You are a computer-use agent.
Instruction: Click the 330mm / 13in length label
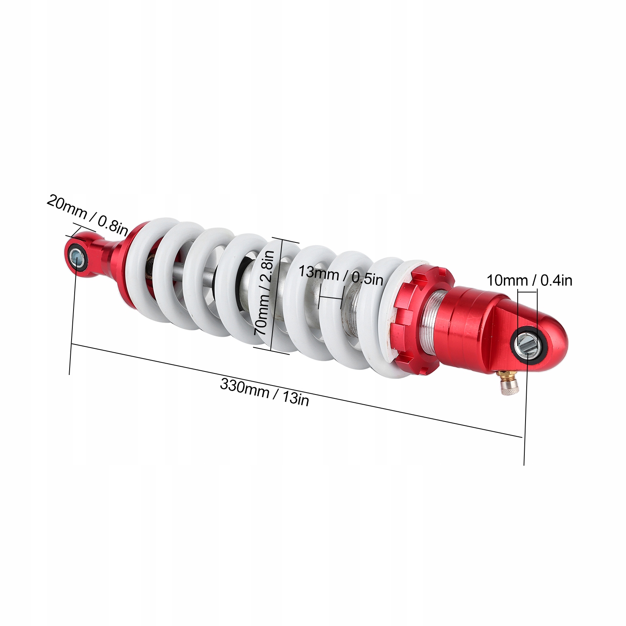point(264,392)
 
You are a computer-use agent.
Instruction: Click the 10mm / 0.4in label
point(529,280)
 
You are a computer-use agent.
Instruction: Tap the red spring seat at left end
point(129,266)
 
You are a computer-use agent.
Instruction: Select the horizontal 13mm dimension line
point(331,298)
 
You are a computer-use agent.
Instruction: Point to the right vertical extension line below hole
point(524,411)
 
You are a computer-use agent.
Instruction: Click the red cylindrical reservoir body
point(469,325)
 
